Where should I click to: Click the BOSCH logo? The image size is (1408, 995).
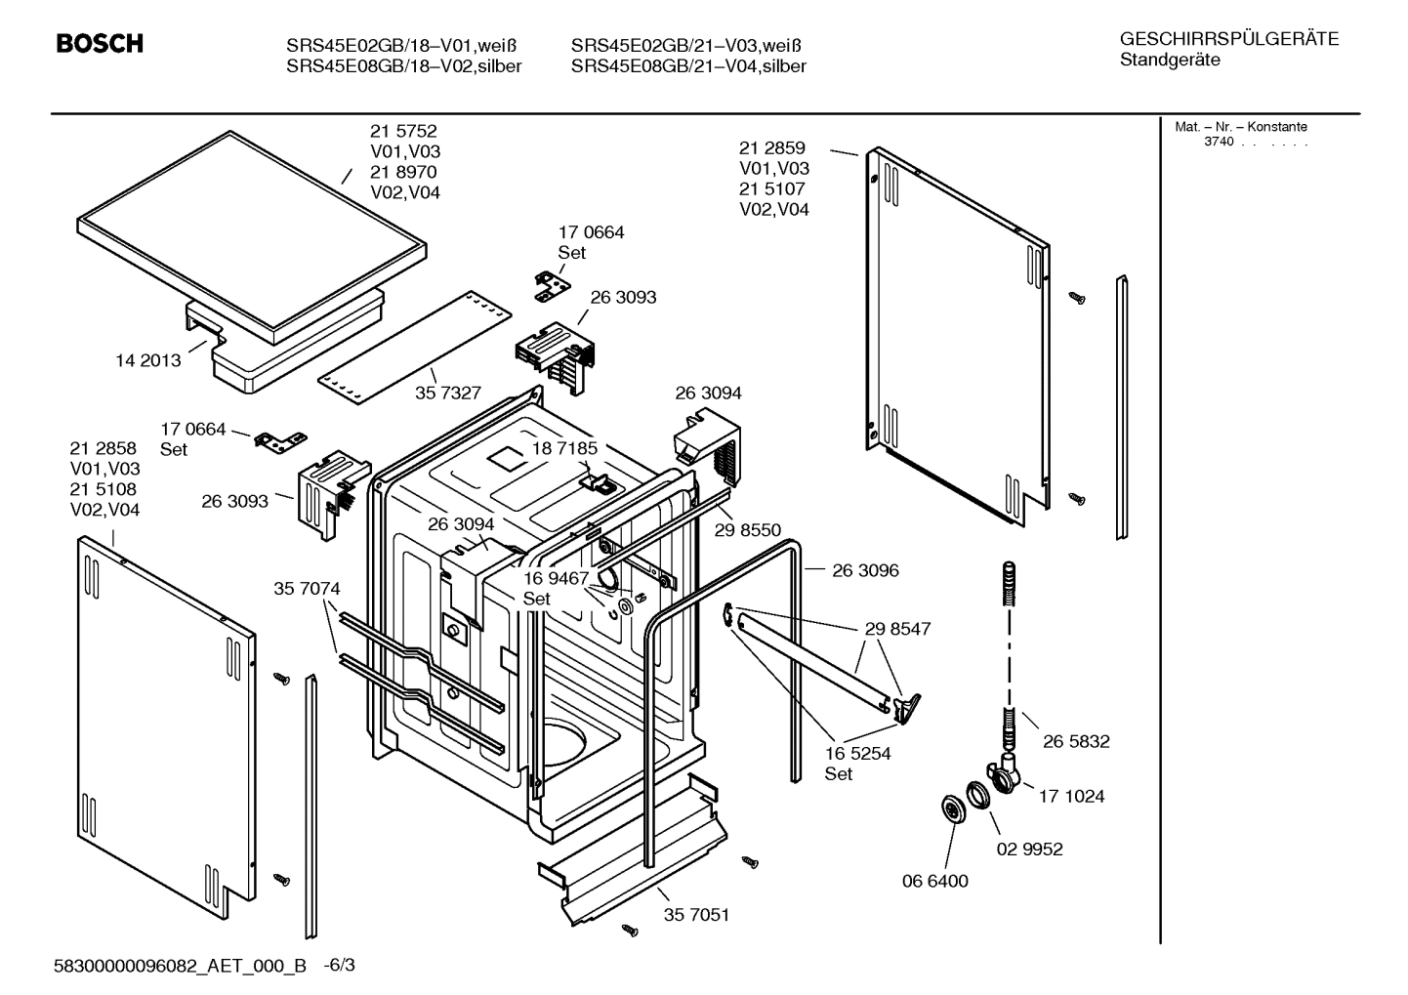coord(100,43)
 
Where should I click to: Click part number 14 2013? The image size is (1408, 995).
coord(147,360)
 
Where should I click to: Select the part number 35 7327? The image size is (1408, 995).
coord(448,393)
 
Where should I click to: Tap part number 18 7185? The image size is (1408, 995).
coord(564,448)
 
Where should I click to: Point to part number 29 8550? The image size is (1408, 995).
coord(748,530)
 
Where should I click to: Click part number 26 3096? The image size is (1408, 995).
coord(865,570)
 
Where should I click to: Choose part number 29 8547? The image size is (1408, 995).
coord(897,629)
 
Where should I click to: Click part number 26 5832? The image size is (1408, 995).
coord(1075,741)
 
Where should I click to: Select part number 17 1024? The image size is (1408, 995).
coord(1071,796)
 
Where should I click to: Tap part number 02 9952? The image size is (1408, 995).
coord(1029,849)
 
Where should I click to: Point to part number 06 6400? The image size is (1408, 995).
coord(934,881)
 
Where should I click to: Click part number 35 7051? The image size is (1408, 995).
coord(696,915)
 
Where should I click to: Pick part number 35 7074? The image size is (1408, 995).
coord(307,589)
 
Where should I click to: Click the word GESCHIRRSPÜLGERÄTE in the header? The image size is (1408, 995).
coord(1228,39)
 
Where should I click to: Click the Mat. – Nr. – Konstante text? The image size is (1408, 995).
coord(1240,127)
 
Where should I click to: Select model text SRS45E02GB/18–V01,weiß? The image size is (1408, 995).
coord(400,46)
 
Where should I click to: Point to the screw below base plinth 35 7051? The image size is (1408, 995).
coord(630,930)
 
